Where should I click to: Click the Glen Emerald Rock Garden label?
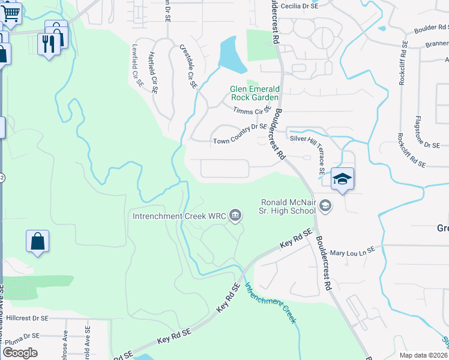click(255, 93)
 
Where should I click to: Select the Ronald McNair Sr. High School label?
click(288, 206)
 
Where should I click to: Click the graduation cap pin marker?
click(342, 179)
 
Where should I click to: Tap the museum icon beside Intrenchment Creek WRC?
click(235, 215)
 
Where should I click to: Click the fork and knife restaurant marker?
click(49, 43)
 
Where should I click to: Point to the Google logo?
click(20, 353)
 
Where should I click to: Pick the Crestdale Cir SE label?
click(188, 65)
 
